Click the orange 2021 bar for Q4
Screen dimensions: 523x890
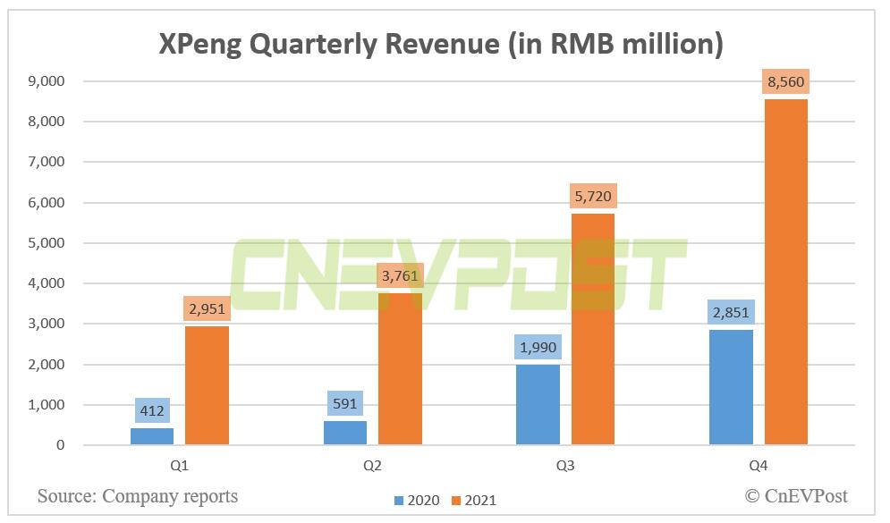[x=786, y=272]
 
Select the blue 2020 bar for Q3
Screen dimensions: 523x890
[x=538, y=404]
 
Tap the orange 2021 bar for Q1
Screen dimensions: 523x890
[x=207, y=385]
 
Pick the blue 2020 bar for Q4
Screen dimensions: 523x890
[x=731, y=387]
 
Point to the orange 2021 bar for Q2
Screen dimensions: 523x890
[x=400, y=368]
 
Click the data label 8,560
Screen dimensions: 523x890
[x=786, y=83]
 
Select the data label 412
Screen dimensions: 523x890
[x=151, y=412]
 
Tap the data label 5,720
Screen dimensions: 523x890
[x=593, y=197]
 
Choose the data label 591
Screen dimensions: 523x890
[x=344, y=404]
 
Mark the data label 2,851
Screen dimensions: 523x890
[x=731, y=313]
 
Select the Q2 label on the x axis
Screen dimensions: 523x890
[x=372, y=467]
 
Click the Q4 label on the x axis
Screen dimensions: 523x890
[x=759, y=467]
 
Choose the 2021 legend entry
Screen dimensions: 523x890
[x=471, y=501]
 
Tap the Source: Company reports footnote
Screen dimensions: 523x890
[x=138, y=495]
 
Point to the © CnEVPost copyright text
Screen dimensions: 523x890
[x=796, y=495]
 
